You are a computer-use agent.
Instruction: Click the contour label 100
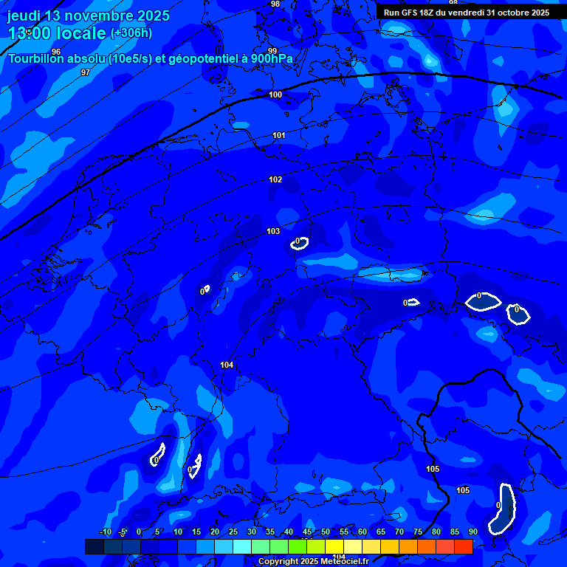(275, 94)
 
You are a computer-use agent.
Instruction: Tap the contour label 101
(278, 135)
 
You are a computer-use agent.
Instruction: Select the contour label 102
(275, 179)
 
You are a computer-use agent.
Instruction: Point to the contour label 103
(273, 231)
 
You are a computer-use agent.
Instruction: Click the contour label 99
(272, 51)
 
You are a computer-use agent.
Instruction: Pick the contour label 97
(86, 72)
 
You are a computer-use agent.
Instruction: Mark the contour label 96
(56, 52)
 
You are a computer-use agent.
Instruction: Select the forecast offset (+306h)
(131, 33)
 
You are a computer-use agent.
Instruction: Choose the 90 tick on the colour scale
(472, 532)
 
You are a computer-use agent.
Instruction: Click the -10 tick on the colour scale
(105, 532)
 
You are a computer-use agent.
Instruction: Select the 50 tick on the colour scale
(326, 532)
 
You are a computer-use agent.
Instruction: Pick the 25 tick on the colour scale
(233, 532)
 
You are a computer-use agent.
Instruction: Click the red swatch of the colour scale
(463, 546)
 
